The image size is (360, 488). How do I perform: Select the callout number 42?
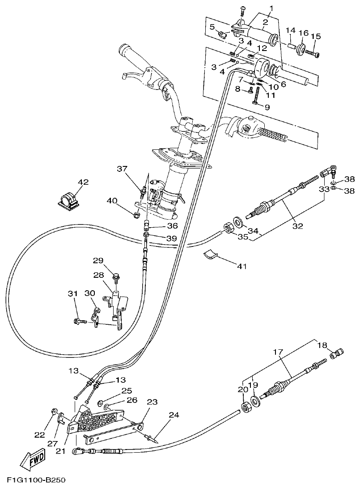pos(83,182)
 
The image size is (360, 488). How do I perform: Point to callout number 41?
pos(241,266)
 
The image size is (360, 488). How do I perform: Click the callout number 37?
pos(122,169)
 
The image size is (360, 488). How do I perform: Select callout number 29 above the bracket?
pos(98,260)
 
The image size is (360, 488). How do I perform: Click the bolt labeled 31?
pos(81,321)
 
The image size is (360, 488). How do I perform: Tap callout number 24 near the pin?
pos(174,415)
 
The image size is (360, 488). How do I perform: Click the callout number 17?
pos(278,352)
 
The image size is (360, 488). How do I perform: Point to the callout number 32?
pos(297,226)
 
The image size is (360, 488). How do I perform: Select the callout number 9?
pos(267,107)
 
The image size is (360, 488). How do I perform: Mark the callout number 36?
pos(173,225)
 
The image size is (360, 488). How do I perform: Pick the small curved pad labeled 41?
pos(210,255)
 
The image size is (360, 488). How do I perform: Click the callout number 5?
pos(212,26)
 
